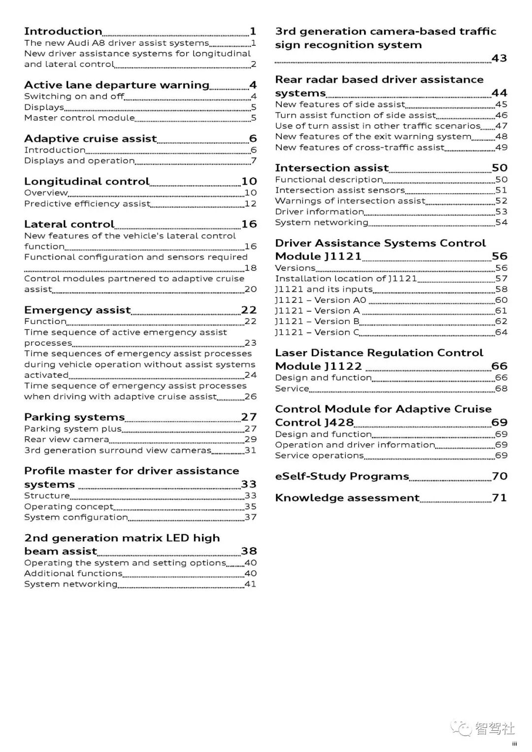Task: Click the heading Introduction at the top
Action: (x=63, y=32)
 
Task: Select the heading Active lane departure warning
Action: (x=117, y=85)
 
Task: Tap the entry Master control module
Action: (x=79, y=118)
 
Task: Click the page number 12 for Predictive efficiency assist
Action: (x=250, y=204)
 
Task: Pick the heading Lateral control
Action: (x=69, y=225)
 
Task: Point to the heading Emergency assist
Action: (x=77, y=310)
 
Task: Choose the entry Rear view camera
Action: (x=66, y=439)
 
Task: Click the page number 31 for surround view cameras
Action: (x=250, y=450)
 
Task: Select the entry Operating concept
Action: (x=68, y=507)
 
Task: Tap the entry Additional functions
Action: (x=73, y=573)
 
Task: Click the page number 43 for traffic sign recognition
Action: (x=499, y=59)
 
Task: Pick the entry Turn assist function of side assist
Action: (x=355, y=115)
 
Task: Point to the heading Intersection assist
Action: (x=332, y=168)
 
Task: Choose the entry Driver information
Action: (x=319, y=212)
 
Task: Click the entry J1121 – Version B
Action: (x=317, y=322)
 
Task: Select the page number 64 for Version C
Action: (x=501, y=332)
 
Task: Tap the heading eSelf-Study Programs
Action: (x=342, y=477)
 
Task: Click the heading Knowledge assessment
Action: (x=347, y=498)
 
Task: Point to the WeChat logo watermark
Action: (x=462, y=728)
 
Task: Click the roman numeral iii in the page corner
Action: (x=514, y=744)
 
